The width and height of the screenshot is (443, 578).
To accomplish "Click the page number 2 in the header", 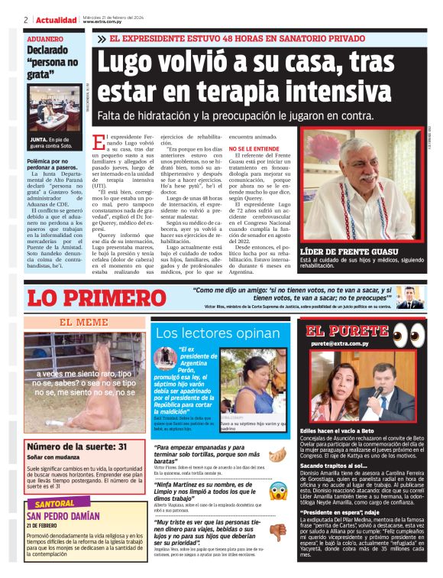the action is click(26, 19).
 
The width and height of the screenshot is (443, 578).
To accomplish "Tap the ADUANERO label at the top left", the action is click(46, 38).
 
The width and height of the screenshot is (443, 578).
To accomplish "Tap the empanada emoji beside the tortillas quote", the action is click(279, 452).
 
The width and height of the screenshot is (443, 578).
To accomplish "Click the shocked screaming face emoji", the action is click(279, 490).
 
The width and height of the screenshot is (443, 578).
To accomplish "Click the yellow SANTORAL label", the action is click(54, 504).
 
